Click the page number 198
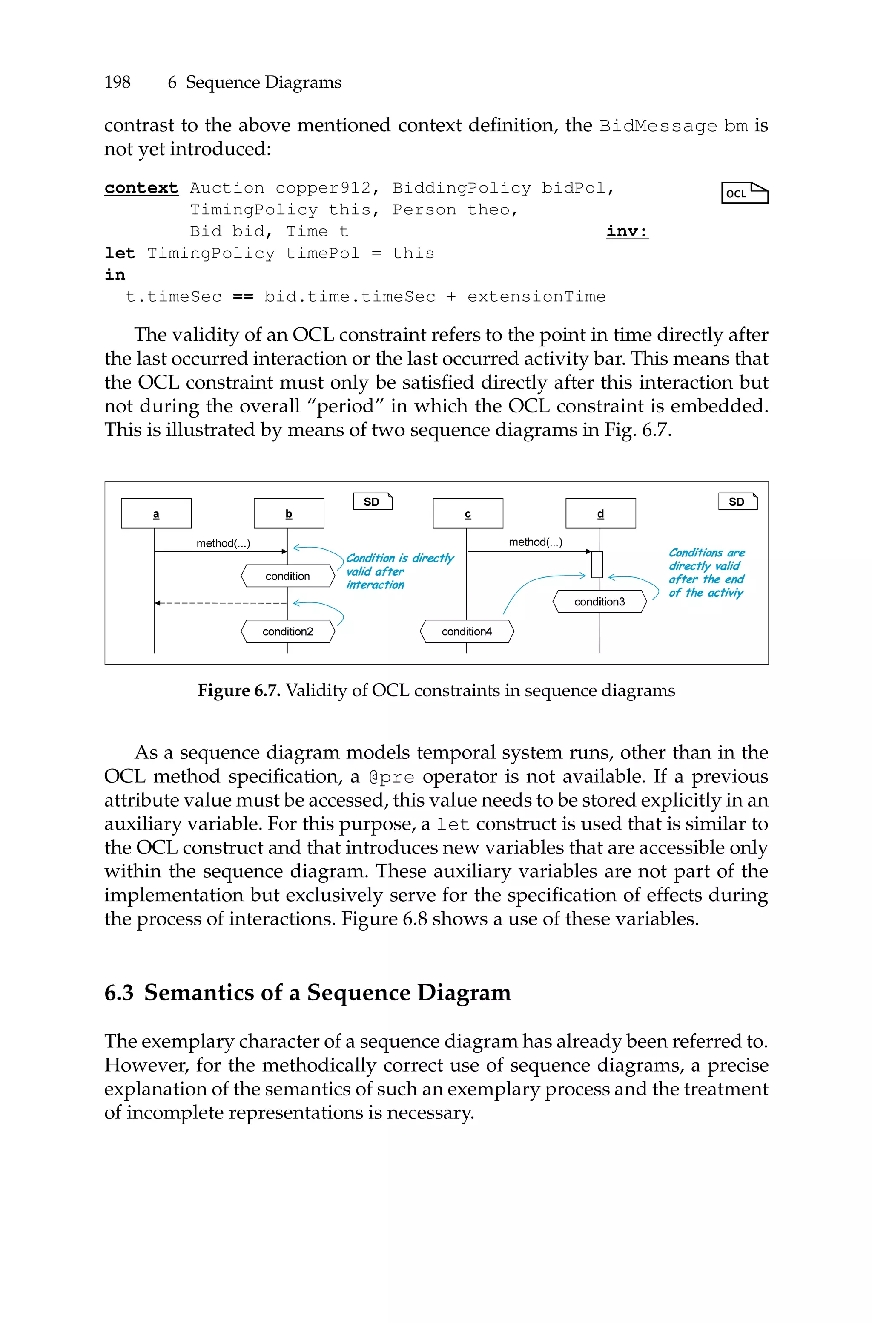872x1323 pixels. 118,82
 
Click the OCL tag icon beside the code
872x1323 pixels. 744,193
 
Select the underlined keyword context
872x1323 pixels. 141,188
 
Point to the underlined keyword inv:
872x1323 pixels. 627,231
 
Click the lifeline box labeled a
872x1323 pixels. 156,513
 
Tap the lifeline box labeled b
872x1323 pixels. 289,513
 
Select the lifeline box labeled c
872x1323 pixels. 468,513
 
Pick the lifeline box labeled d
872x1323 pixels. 601,513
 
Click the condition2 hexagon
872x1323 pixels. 287,631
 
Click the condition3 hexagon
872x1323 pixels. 599,601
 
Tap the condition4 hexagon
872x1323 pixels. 467,631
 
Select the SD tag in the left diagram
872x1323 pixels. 373,501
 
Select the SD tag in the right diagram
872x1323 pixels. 737,501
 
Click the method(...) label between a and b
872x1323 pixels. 223,543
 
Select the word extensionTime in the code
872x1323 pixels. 536,297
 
